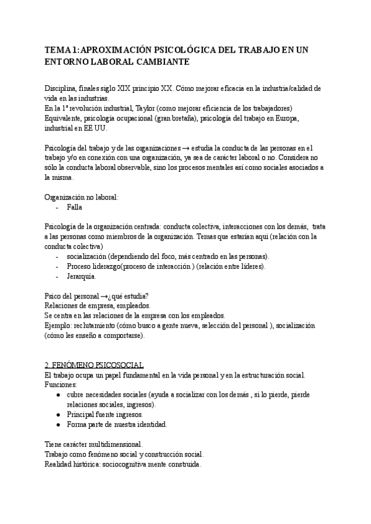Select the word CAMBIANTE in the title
[158, 62]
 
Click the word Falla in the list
[74, 208]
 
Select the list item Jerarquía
[82, 276]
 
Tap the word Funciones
[59, 385]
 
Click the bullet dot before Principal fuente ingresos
[58, 415]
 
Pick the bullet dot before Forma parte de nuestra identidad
[58, 425]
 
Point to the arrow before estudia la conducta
[187, 148]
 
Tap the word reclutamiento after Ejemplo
[95, 326]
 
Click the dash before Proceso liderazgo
[57, 266]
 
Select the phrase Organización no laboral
[82, 197]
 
